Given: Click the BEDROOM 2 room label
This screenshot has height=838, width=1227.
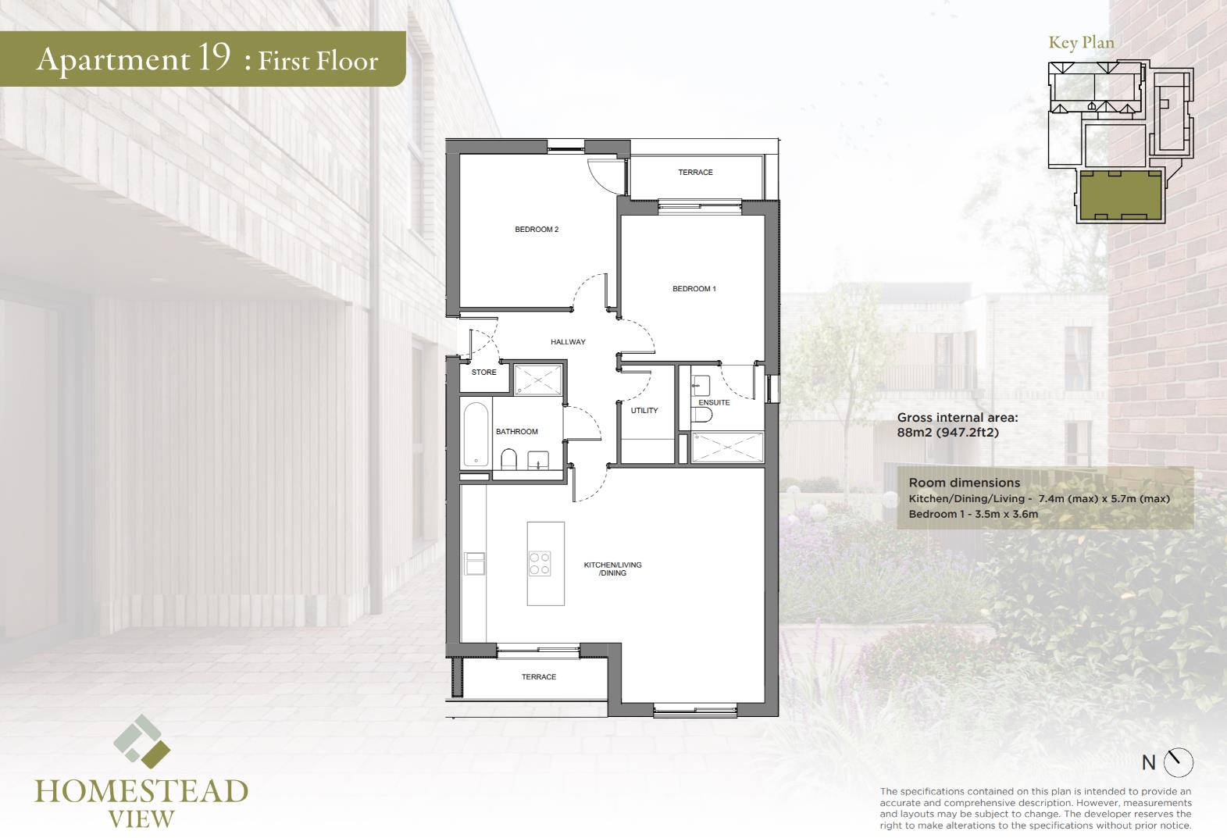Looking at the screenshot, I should tap(536, 230).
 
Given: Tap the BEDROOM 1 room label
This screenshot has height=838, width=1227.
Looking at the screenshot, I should tap(694, 289).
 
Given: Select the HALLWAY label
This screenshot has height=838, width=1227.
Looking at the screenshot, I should tap(568, 342).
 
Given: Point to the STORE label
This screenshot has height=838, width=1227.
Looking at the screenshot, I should tap(483, 373).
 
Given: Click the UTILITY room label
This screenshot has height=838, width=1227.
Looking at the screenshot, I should tap(644, 411).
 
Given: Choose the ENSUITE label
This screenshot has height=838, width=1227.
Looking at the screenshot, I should tap(714, 403).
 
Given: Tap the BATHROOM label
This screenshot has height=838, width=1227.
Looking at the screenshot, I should tap(517, 432).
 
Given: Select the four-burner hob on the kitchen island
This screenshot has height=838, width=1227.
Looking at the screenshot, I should tap(540, 563).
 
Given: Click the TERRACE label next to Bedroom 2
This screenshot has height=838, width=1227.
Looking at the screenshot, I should tap(695, 173).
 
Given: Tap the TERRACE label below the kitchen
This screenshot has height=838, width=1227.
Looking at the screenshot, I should tap(539, 677).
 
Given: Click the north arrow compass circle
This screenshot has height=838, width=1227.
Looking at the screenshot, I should tap(1179, 762).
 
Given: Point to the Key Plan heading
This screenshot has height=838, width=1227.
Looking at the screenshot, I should tap(1081, 43).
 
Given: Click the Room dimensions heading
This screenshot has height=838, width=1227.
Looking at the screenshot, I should tap(964, 483).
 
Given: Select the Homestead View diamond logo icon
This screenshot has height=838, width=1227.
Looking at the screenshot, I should tap(141, 741).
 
